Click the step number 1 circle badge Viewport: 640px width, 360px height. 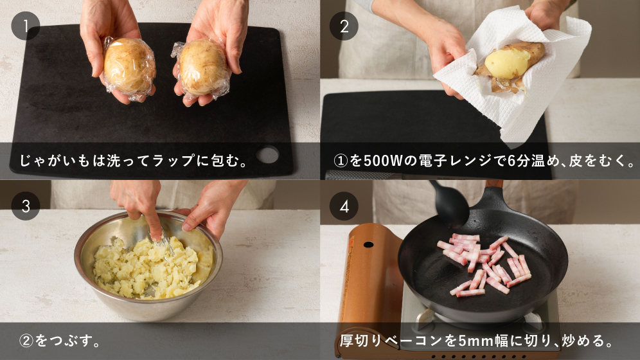(26, 26)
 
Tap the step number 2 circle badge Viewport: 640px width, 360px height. (344, 26)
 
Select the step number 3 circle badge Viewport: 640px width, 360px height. (26, 206)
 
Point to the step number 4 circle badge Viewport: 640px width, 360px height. (344, 206)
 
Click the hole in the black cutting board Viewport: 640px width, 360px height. (268, 155)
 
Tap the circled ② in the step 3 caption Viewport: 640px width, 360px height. (26, 341)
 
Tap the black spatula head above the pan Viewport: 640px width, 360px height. (450, 203)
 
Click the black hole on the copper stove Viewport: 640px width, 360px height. (369, 245)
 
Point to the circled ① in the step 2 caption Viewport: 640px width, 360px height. (341, 161)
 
